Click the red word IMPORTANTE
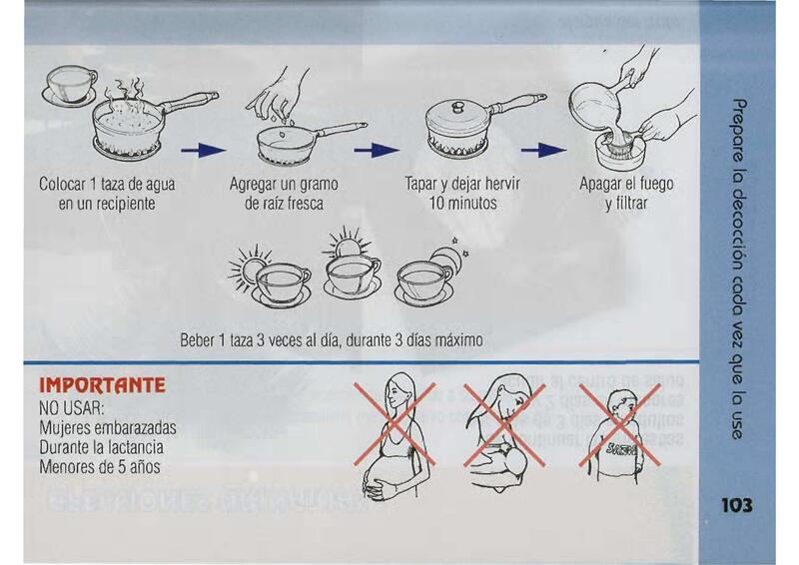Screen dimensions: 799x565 point(103,385)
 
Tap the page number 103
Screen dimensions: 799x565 point(736,505)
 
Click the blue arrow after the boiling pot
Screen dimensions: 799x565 point(203,150)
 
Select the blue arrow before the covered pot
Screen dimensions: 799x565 point(377,150)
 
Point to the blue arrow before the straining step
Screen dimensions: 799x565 point(543,150)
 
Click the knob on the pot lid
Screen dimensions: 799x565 point(458,107)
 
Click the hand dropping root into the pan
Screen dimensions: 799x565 point(278,94)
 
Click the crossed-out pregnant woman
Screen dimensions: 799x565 point(395,433)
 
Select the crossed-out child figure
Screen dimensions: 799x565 point(619,433)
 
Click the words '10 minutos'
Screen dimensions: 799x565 point(462,204)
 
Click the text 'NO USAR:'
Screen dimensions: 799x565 point(71,408)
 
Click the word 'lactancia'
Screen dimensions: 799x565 point(138,447)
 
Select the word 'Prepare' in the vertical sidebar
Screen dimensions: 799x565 point(737,131)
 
